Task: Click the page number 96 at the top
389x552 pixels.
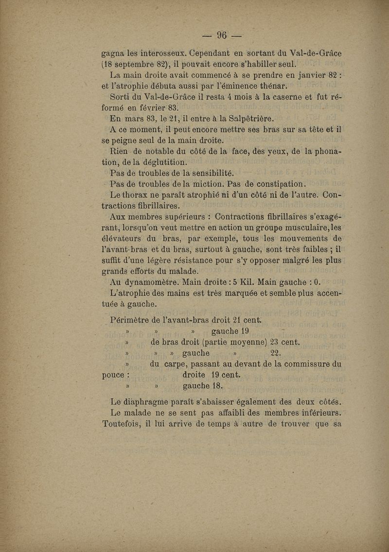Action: (222, 35)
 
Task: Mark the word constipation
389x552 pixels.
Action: (275, 184)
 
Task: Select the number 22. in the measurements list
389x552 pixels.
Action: (275, 353)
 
